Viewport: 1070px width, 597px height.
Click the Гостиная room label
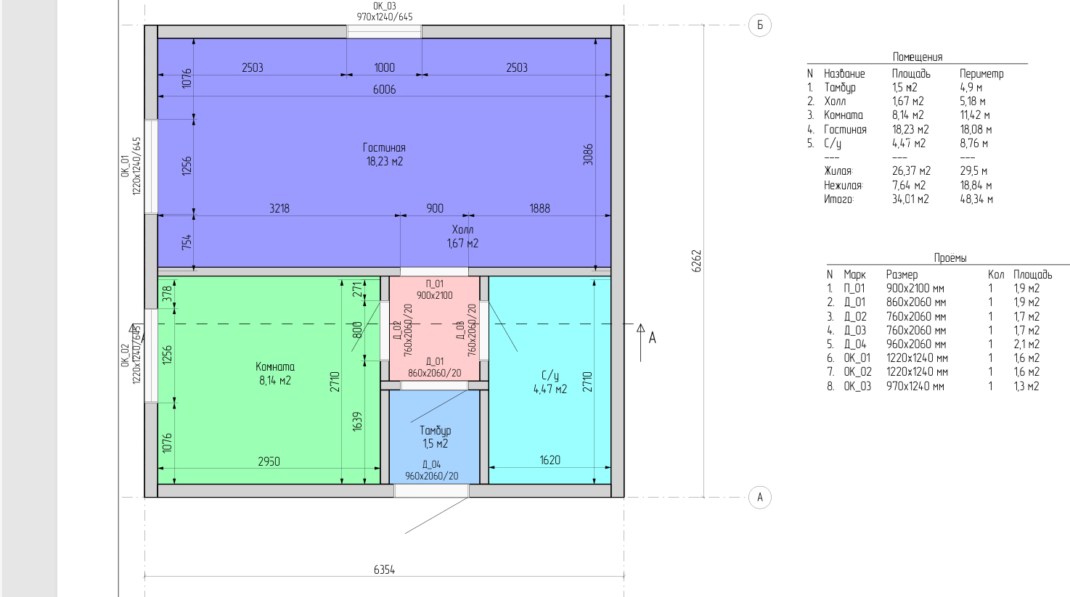384,148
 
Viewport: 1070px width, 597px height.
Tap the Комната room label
275,367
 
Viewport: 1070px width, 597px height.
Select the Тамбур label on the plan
435,431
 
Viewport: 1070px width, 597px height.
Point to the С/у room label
550,376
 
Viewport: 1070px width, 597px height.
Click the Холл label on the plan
462,230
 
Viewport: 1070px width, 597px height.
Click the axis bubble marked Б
759,25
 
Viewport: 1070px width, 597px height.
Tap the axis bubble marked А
759,498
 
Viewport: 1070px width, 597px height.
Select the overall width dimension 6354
384,570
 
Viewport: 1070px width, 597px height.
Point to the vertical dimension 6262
696,261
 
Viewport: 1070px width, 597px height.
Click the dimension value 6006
384,90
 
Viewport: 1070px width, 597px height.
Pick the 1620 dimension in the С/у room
550,460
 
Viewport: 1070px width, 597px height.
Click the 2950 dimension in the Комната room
269,461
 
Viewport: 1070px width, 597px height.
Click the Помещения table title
918,57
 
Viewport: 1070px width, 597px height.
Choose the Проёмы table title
950,258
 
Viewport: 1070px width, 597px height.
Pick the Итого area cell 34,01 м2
910,199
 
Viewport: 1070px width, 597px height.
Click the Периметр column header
981,74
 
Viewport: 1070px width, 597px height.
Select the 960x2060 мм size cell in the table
916,344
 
